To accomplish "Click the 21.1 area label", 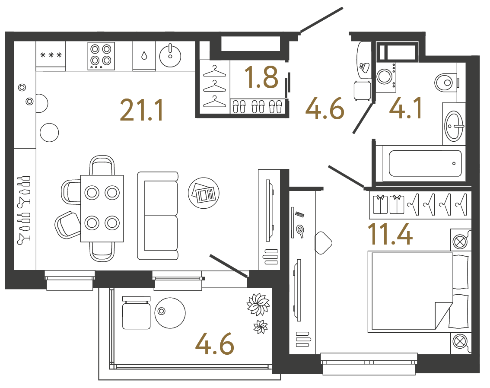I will pos(142,110).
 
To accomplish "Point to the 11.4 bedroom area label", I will pos(390,233).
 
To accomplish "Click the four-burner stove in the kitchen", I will pos(101,55).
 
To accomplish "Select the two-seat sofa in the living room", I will pos(158,216).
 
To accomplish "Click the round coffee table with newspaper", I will pos(204,191).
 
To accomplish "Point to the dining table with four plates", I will pos(102,208).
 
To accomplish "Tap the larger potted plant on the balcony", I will pos(258,304).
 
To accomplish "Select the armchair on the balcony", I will pos(136,313).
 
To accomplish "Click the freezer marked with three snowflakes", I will pos(51,55).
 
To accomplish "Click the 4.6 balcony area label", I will pos(214,346).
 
